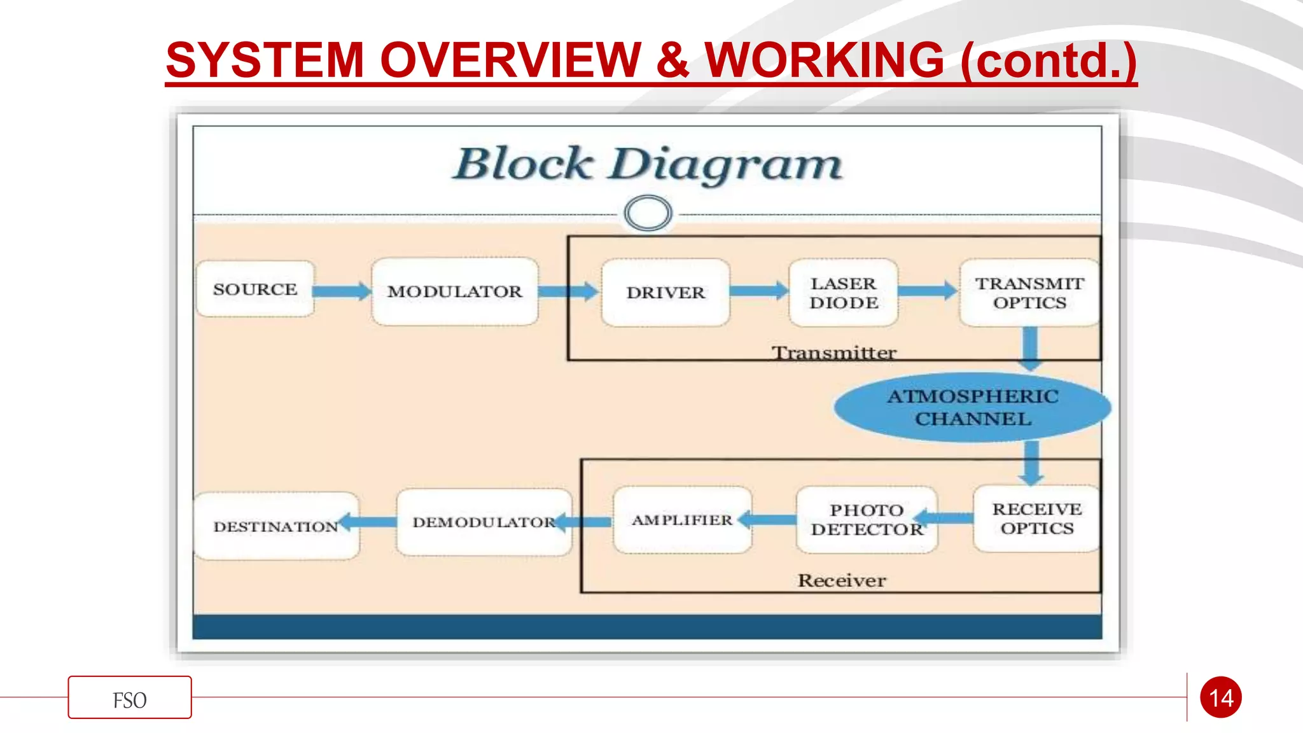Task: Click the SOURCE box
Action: pyautogui.click(x=255, y=289)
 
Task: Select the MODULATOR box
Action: pyautogui.click(x=455, y=291)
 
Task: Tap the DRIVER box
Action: pyautogui.click(x=665, y=292)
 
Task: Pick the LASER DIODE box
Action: pyautogui.click(x=844, y=293)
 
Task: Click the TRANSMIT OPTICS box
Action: pyautogui.click(x=1029, y=293)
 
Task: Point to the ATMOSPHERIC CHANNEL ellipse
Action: pyautogui.click(x=973, y=407)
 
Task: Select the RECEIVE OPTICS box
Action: pyautogui.click(x=1036, y=519)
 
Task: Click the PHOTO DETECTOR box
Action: pyautogui.click(x=867, y=519)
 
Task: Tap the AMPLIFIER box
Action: pyautogui.click(x=682, y=520)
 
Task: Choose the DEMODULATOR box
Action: pyautogui.click(x=484, y=522)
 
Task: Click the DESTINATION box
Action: pyautogui.click(x=276, y=526)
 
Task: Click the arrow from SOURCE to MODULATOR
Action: pyautogui.click(x=342, y=291)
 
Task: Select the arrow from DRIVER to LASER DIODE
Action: pyautogui.click(x=759, y=291)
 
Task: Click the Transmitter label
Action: pyautogui.click(x=834, y=353)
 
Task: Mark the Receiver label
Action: pyautogui.click(x=842, y=580)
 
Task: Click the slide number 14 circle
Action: pyautogui.click(x=1221, y=697)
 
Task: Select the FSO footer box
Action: pyautogui.click(x=130, y=697)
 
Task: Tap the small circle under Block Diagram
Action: pyautogui.click(x=648, y=213)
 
